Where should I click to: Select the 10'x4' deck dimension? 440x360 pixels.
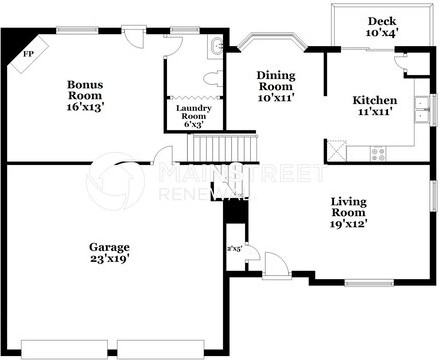(381, 34)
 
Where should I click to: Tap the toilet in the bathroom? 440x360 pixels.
(211, 76)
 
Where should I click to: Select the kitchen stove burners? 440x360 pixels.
(378, 152)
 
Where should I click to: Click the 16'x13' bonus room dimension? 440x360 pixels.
(86, 105)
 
